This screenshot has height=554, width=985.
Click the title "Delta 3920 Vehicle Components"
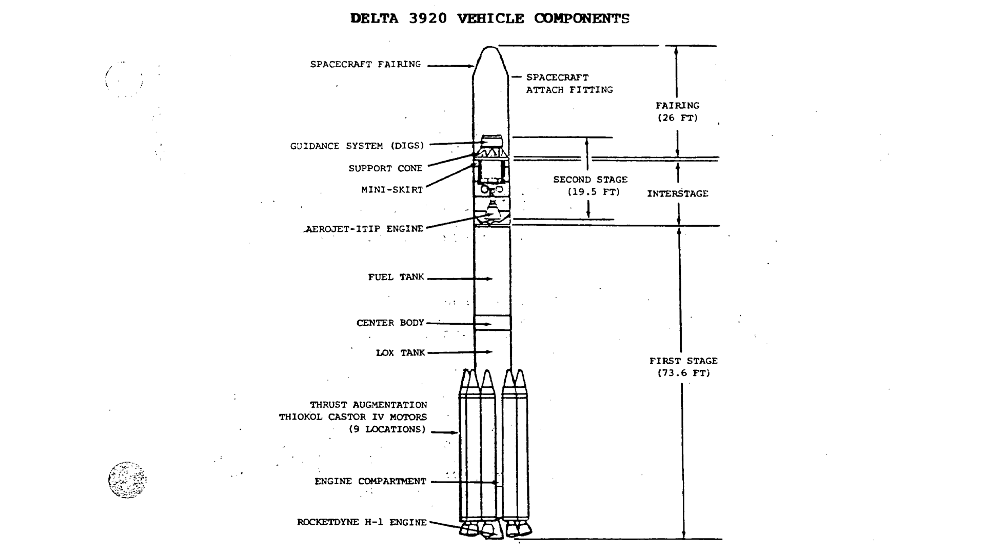pyautogui.click(x=489, y=19)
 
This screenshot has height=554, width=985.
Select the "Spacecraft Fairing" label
pyautogui.click(x=365, y=65)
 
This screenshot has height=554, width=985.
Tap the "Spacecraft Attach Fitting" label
pyautogui.click(x=569, y=84)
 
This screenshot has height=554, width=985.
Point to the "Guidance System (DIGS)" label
pyautogui.click(x=357, y=146)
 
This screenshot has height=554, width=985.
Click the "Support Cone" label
pyautogui.click(x=385, y=169)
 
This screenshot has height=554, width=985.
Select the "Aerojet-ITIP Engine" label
pyautogui.click(x=364, y=229)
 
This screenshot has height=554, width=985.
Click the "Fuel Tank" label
pyautogui.click(x=396, y=278)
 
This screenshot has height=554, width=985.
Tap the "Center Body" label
pyautogui.click(x=390, y=323)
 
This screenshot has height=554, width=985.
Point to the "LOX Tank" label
pyautogui.click(x=400, y=353)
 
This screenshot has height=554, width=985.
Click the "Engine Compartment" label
pyautogui.click(x=370, y=482)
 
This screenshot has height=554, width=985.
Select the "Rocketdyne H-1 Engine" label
pyautogui.click(x=362, y=523)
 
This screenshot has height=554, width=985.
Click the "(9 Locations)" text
pyautogui.click(x=387, y=429)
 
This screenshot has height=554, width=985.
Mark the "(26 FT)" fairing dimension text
pyautogui.click(x=678, y=118)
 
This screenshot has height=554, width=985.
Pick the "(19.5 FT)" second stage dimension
pyautogui.click(x=594, y=192)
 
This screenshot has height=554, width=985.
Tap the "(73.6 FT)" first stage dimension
pyautogui.click(x=684, y=373)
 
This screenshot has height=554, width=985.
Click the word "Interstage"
pyautogui.click(x=677, y=194)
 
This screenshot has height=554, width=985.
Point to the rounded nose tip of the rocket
pyautogui.click(x=490, y=49)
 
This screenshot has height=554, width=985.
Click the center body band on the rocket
pyautogui.click(x=493, y=323)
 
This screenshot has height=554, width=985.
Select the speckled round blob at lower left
pyautogui.click(x=127, y=480)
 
